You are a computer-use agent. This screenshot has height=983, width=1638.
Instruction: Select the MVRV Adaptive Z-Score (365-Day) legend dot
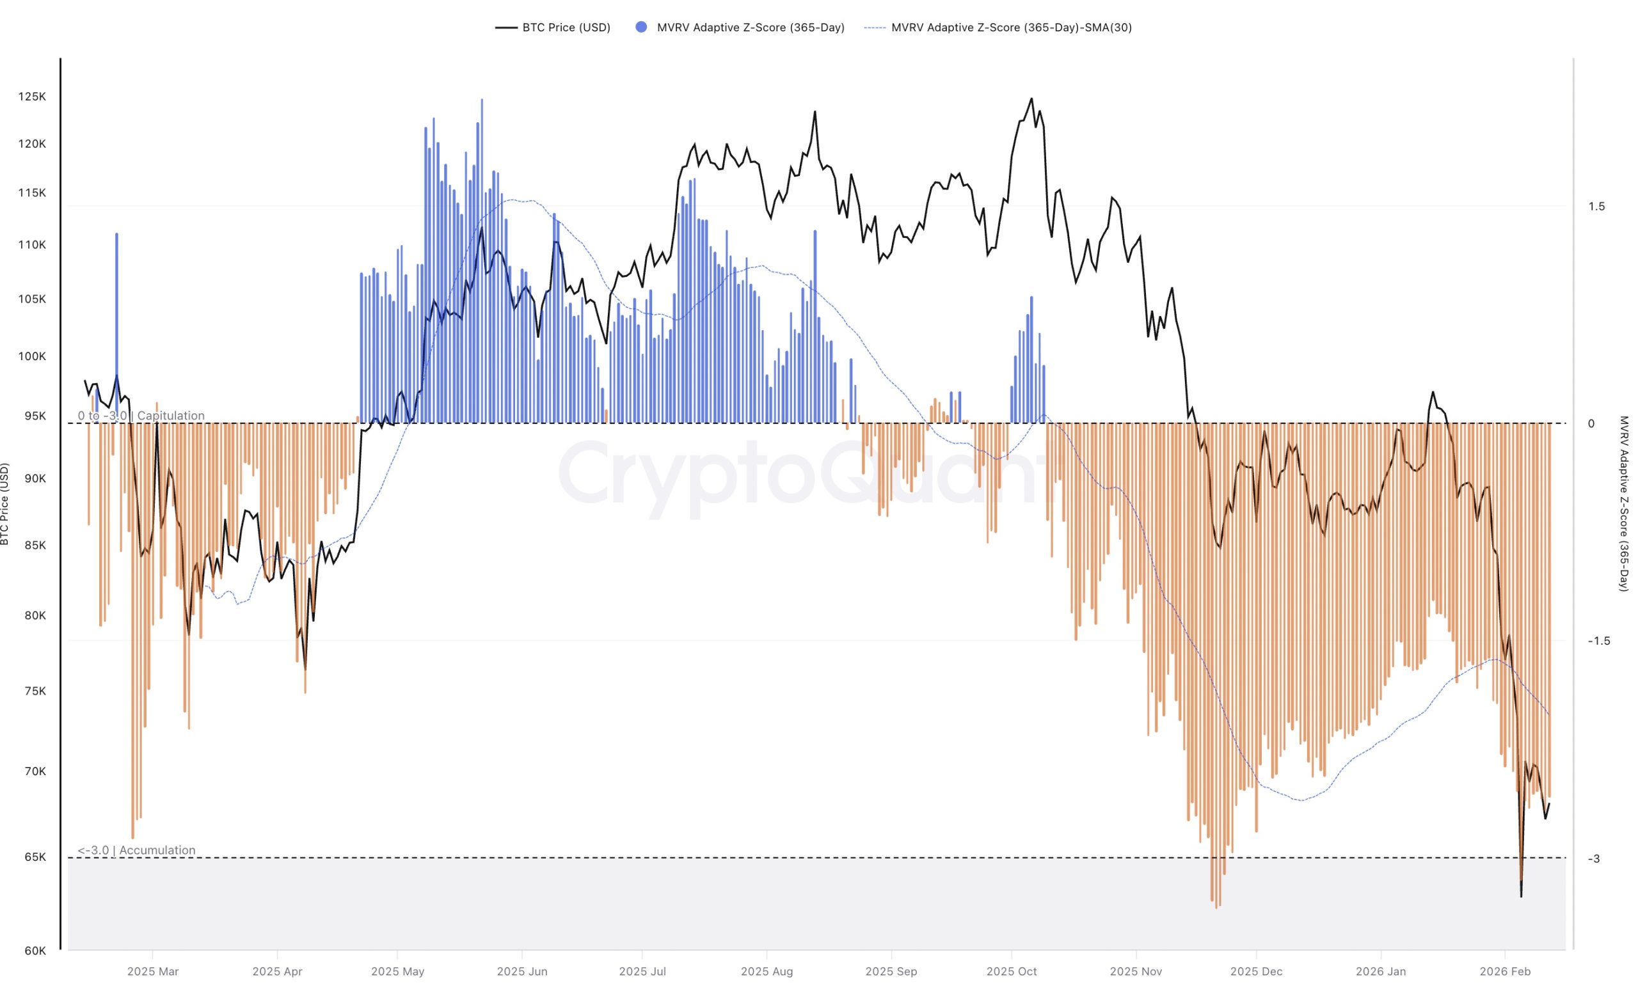[x=640, y=27]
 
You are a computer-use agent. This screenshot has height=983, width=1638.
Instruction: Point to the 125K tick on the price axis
[x=32, y=97]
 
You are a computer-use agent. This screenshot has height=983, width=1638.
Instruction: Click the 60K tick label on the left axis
[x=35, y=950]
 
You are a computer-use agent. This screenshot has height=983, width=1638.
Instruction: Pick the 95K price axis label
[x=35, y=416]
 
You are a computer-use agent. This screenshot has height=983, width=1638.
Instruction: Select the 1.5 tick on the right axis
[x=1596, y=207]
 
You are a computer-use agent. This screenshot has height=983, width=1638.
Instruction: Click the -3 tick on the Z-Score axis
[x=1594, y=858]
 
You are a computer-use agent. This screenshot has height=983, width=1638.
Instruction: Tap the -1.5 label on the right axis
[x=1598, y=641]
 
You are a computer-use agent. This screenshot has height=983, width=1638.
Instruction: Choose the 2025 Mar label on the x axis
[x=152, y=971]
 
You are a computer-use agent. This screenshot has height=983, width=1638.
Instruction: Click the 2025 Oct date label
[x=1011, y=971]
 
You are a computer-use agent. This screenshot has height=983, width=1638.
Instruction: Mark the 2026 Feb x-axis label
[x=1505, y=971]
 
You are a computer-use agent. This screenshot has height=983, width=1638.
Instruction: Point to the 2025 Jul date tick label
[x=642, y=971]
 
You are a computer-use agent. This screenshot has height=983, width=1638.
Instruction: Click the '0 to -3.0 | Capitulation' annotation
[x=141, y=415]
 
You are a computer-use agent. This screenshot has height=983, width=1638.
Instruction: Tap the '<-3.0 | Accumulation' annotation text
[x=136, y=850]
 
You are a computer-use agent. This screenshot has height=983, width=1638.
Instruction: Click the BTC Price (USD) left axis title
[x=5, y=503]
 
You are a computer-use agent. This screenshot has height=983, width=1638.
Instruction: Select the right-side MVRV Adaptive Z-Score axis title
[x=1623, y=503]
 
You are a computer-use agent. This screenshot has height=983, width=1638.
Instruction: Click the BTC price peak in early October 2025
[x=1031, y=98]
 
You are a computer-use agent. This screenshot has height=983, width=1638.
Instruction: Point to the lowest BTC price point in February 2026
[x=1521, y=896]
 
